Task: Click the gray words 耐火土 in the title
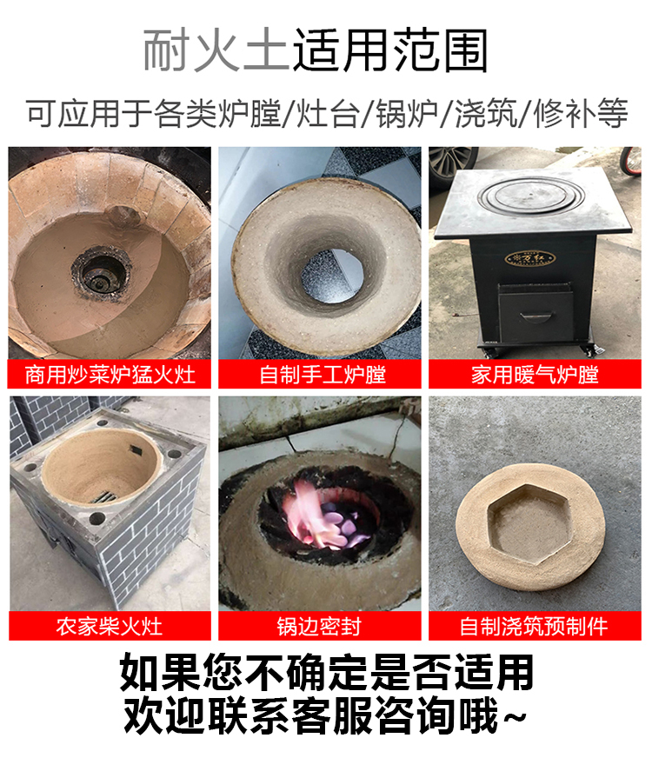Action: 216,50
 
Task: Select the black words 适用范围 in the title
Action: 391,50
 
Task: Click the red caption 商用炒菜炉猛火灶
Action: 110,375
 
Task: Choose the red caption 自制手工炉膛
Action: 323,375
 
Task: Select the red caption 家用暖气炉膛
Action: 535,375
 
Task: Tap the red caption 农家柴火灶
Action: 110,626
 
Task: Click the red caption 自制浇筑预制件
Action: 535,626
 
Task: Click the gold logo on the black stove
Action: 520,259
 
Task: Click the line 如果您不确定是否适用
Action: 326,674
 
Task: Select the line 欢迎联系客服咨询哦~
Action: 326,717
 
